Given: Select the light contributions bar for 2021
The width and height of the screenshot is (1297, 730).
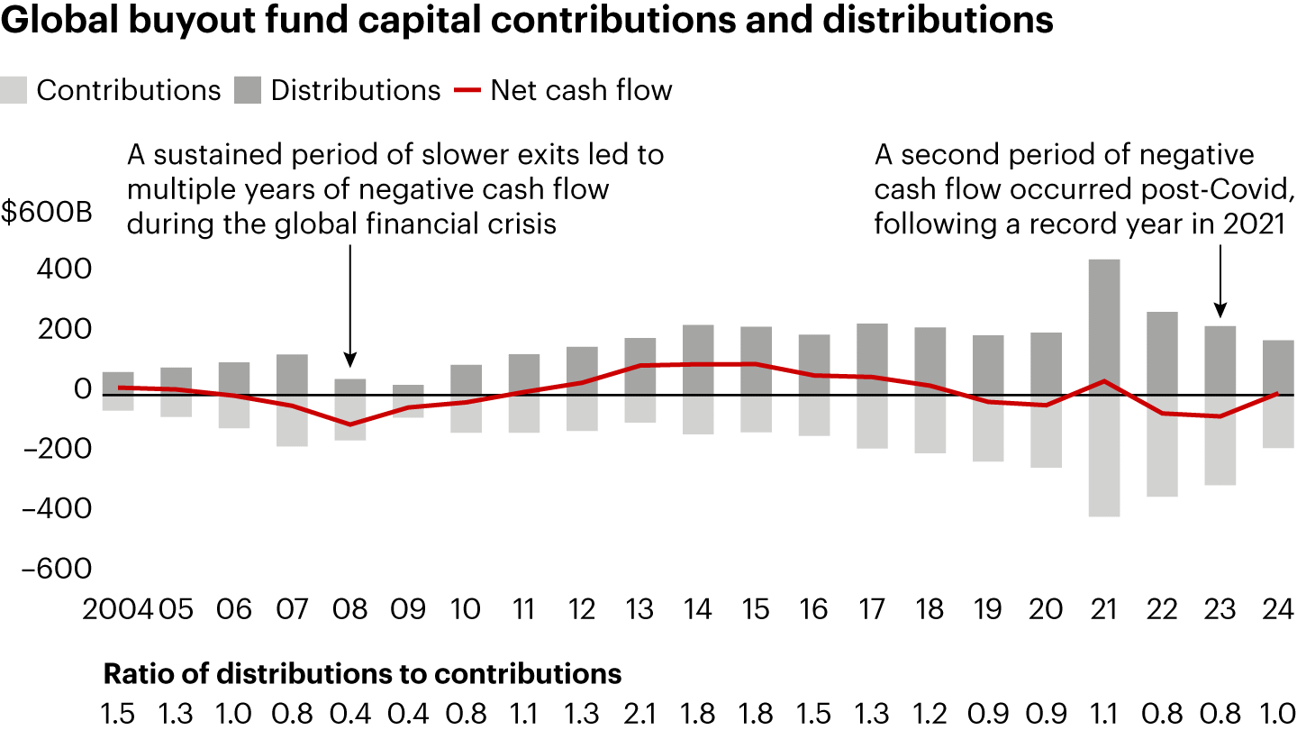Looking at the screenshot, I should pyautogui.click(x=1104, y=455).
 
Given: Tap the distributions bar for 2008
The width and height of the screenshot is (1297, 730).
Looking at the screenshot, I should pyautogui.click(x=350, y=387).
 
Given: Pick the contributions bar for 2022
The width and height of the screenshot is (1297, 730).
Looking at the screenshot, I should pyautogui.click(x=1162, y=445).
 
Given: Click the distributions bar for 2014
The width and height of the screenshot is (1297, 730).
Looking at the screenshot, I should pyautogui.click(x=698, y=360).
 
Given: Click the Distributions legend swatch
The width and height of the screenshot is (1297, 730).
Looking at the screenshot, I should pyautogui.click(x=247, y=91).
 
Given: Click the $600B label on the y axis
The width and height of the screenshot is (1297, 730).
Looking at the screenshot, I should pyautogui.click(x=45, y=214).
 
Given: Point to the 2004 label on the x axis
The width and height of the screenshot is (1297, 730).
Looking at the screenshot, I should pyautogui.click(x=118, y=609).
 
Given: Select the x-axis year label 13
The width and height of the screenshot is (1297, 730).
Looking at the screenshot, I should pyautogui.click(x=639, y=609).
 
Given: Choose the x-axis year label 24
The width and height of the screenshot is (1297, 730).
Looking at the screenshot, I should pyautogui.click(x=1277, y=609).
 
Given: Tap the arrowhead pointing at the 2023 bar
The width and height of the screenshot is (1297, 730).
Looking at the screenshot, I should pyautogui.click(x=1220, y=310).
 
